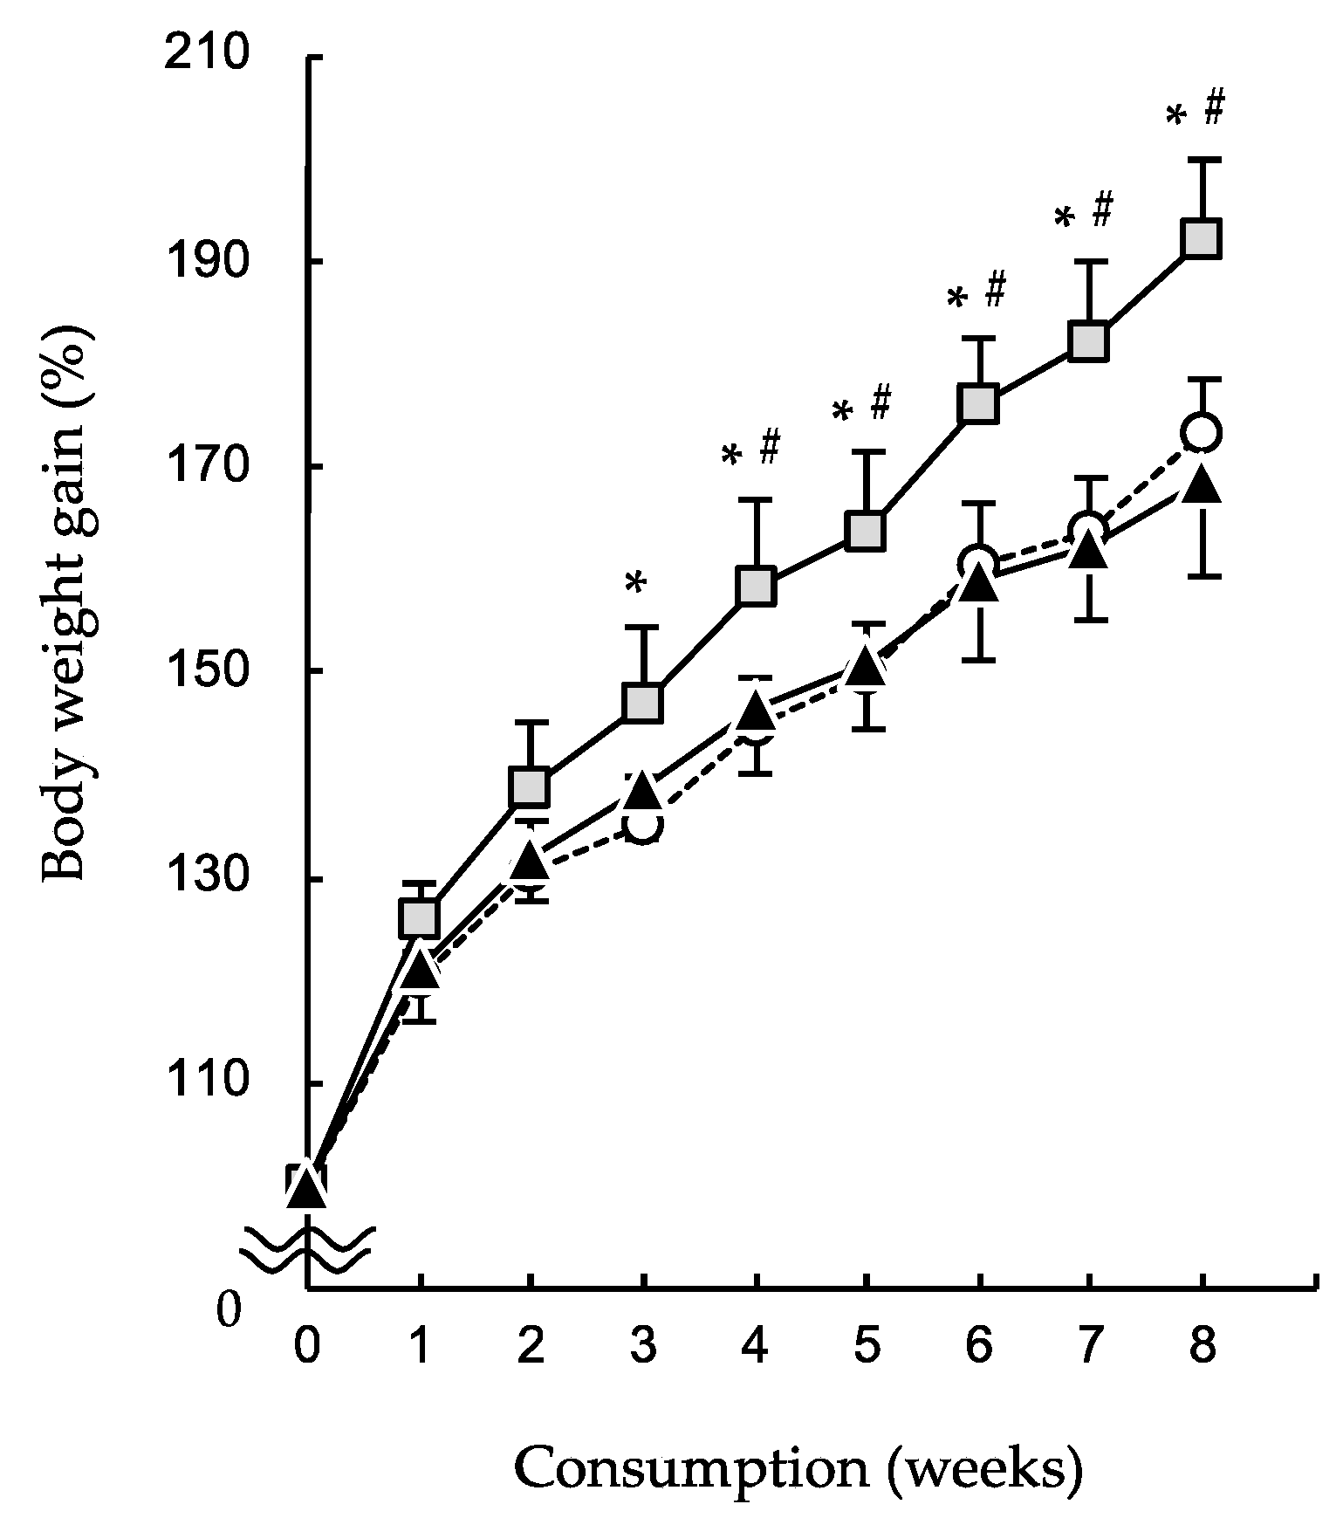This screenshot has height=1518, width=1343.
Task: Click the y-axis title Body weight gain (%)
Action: [68, 602]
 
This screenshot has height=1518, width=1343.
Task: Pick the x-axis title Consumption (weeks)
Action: [798, 1469]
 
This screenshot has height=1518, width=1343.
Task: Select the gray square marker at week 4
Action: [756, 586]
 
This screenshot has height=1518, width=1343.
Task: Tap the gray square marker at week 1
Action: [419, 917]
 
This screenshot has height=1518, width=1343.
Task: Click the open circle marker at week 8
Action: [1202, 431]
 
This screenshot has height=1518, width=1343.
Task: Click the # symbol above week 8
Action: [1214, 108]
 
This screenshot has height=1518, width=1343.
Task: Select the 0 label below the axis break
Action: [229, 1310]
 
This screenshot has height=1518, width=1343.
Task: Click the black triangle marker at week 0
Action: [307, 1189]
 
